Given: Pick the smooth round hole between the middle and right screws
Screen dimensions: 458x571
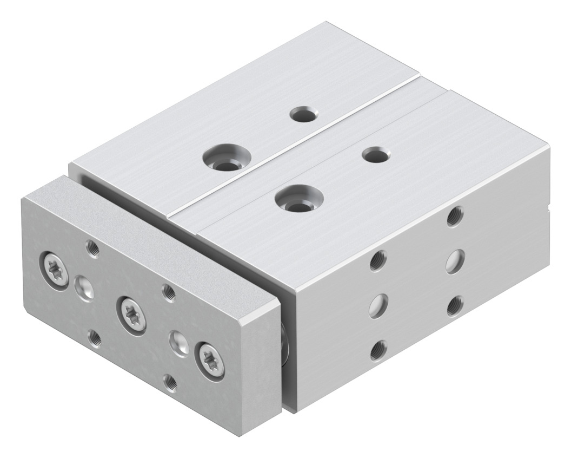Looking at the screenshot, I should pyautogui.click(x=178, y=341).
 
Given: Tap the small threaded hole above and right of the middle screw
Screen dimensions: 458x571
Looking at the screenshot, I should pyautogui.click(x=168, y=293).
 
